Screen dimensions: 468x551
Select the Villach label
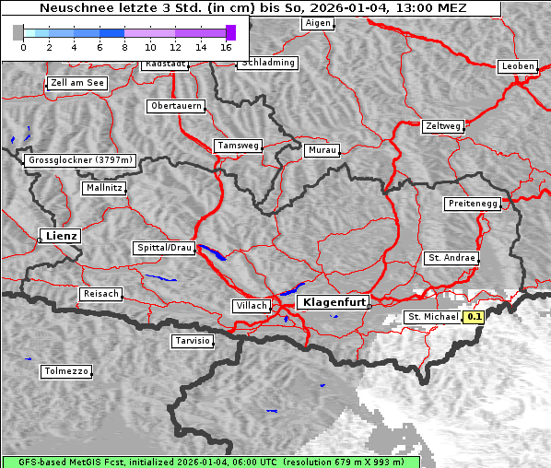tap(251, 306)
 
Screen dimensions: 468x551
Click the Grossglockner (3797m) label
tap(81, 160)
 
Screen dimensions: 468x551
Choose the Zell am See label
tap(77, 83)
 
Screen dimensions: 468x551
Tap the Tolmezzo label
tap(66, 372)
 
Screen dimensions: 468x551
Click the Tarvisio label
tap(193, 341)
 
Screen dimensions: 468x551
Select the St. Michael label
tap(433, 317)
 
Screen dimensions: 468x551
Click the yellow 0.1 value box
tap(475, 317)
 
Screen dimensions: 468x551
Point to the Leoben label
tap(518, 66)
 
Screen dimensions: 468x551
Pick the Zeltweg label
tap(442, 125)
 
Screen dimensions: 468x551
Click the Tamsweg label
tap(239, 146)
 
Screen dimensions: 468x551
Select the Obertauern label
tap(176, 106)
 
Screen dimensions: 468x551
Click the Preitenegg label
tap(474, 204)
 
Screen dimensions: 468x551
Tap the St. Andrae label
tap(451, 258)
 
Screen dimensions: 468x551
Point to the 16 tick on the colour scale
tap(225, 46)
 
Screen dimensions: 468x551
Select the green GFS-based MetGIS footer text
tap(211, 462)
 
